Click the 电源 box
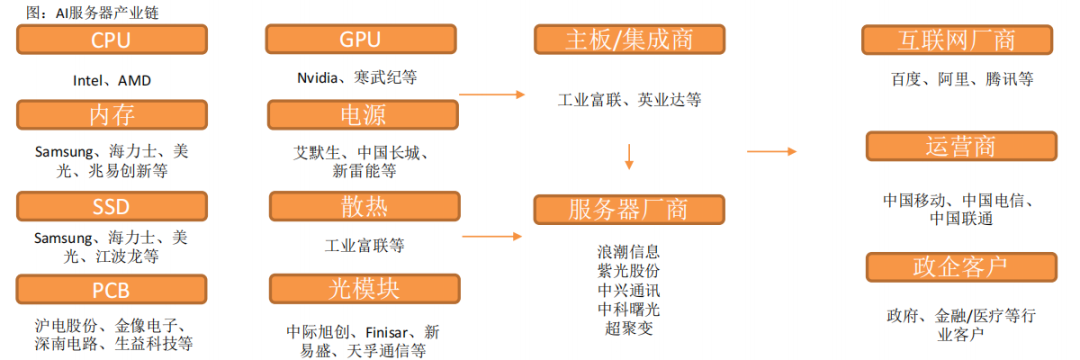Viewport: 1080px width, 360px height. point(361,115)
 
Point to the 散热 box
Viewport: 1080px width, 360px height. point(362,207)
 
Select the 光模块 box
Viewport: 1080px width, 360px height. point(362,290)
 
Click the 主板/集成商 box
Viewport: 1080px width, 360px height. point(629,40)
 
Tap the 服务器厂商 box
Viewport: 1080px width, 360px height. point(629,209)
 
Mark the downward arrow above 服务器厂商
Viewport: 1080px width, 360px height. point(629,155)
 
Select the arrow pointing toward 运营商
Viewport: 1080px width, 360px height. point(772,152)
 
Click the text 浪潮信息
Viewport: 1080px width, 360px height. point(628,251)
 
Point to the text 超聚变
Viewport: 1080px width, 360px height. point(628,327)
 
